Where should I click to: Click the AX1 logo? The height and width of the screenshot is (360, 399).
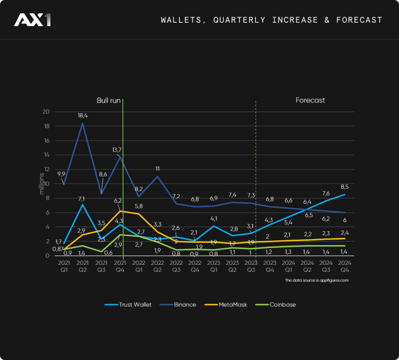point(32,20)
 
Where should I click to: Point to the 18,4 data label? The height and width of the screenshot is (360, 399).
point(82,116)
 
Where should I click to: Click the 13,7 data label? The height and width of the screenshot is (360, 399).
point(117,150)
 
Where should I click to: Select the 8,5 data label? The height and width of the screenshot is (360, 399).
point(344,186)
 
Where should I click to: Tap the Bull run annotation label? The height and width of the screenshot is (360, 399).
point(108,100)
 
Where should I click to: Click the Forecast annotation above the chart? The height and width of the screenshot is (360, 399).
point(310,100)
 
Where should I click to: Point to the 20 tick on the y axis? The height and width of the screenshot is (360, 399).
point(46,112)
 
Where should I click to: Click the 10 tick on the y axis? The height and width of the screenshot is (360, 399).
point(46,184)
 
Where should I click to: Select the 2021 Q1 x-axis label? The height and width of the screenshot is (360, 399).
point(63,267)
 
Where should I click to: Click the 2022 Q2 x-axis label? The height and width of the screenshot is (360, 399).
point(157,267)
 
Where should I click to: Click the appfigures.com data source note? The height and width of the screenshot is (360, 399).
point(317,280)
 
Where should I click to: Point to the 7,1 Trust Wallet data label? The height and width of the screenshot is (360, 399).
point(82,198)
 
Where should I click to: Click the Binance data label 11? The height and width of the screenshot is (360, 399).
point(157,168)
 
